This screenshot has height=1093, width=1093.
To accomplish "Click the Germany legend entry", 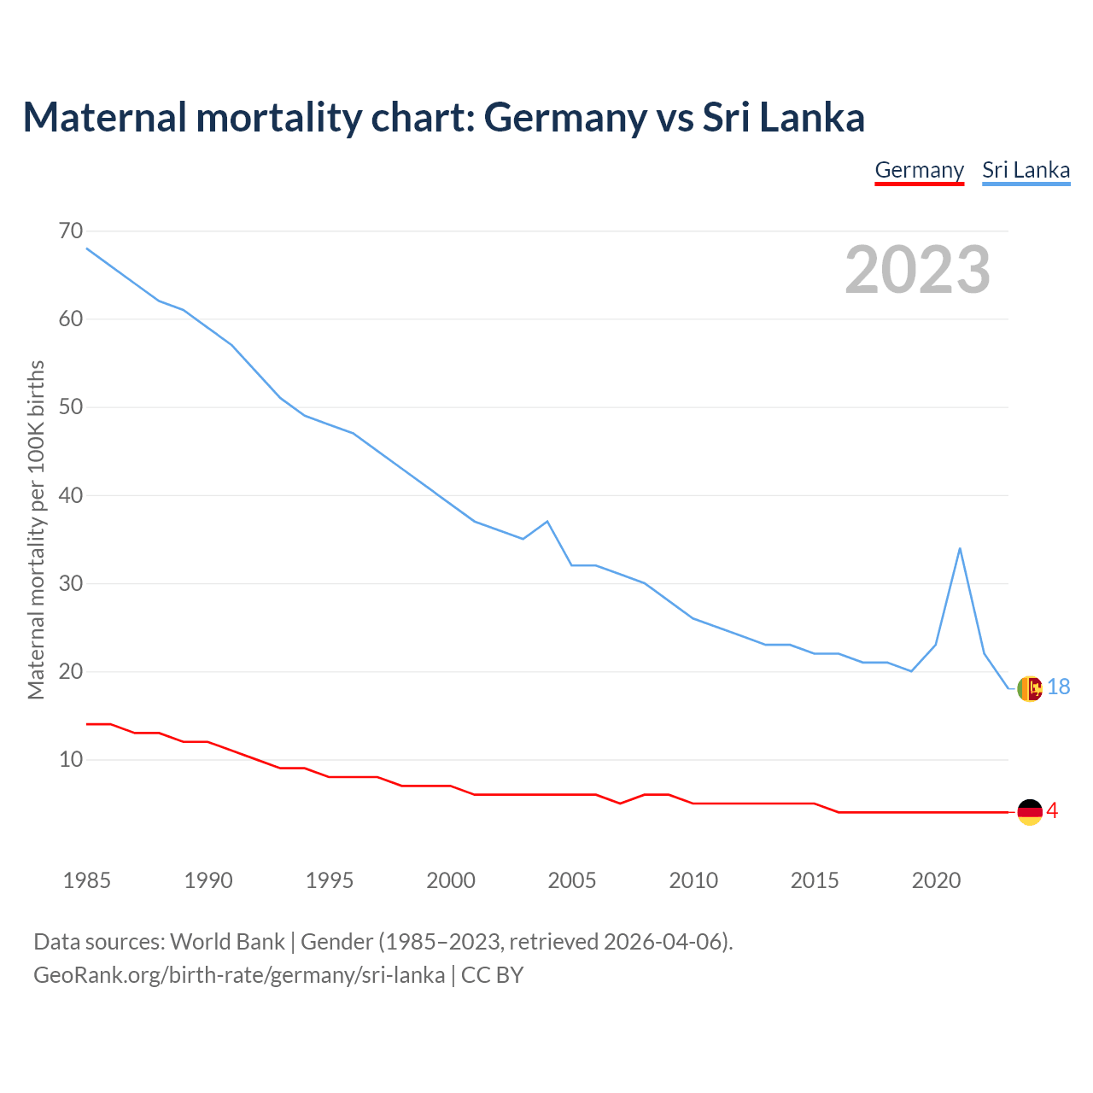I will pos(919,170).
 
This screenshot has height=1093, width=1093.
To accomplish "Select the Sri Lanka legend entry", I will pos(1026,170).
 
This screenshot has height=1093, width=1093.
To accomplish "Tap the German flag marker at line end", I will pos(1030,812).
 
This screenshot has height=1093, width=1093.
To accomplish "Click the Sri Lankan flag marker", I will pos(1030,688).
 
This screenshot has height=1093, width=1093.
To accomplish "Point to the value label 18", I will pos(1059,687).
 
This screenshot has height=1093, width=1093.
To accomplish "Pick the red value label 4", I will pos(1052,811).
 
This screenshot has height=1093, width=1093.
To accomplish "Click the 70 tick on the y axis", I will pos(71,231).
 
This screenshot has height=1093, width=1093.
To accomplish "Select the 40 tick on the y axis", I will pos(71,495).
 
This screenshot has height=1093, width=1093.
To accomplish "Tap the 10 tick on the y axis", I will pos(71,759).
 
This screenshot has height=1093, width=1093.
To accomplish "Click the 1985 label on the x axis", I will pos(86,880).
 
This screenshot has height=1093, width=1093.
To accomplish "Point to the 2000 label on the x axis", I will pos(450,880).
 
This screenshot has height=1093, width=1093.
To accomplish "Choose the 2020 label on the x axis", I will pos(936,880).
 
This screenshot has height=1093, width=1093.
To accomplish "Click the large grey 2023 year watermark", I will pos(917,270).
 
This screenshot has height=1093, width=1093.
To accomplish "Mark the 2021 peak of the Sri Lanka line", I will pos(960,548).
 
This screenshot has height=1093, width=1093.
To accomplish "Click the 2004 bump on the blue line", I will pos(547,521).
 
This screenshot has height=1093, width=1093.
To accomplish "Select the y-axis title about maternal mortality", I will pos(36,529).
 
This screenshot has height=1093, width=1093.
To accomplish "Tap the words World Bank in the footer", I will pos(227,942).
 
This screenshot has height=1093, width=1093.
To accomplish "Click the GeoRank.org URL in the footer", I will pos(239,975).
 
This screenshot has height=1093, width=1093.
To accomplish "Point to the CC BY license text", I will pos(492,975).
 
